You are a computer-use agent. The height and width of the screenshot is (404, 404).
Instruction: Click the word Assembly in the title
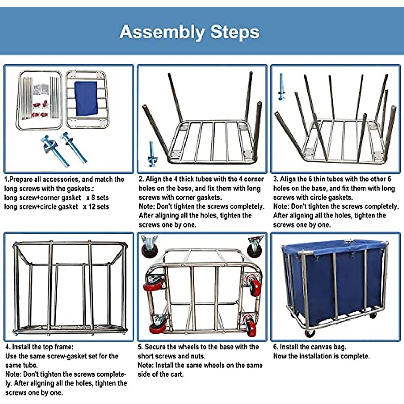[161, 32]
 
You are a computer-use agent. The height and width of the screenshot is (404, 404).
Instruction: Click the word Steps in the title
[235, 32]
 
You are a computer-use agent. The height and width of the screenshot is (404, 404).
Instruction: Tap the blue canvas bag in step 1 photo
[86, 98]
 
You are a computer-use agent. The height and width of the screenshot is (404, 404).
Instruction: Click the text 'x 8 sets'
[97, 198]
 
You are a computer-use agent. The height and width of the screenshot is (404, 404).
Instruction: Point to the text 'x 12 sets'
[96, 207]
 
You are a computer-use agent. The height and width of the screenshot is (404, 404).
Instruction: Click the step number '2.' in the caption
[141, 179]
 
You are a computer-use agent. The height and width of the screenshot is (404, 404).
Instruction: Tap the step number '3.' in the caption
[276, 179]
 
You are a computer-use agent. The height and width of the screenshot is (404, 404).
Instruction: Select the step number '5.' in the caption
[140, 347]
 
